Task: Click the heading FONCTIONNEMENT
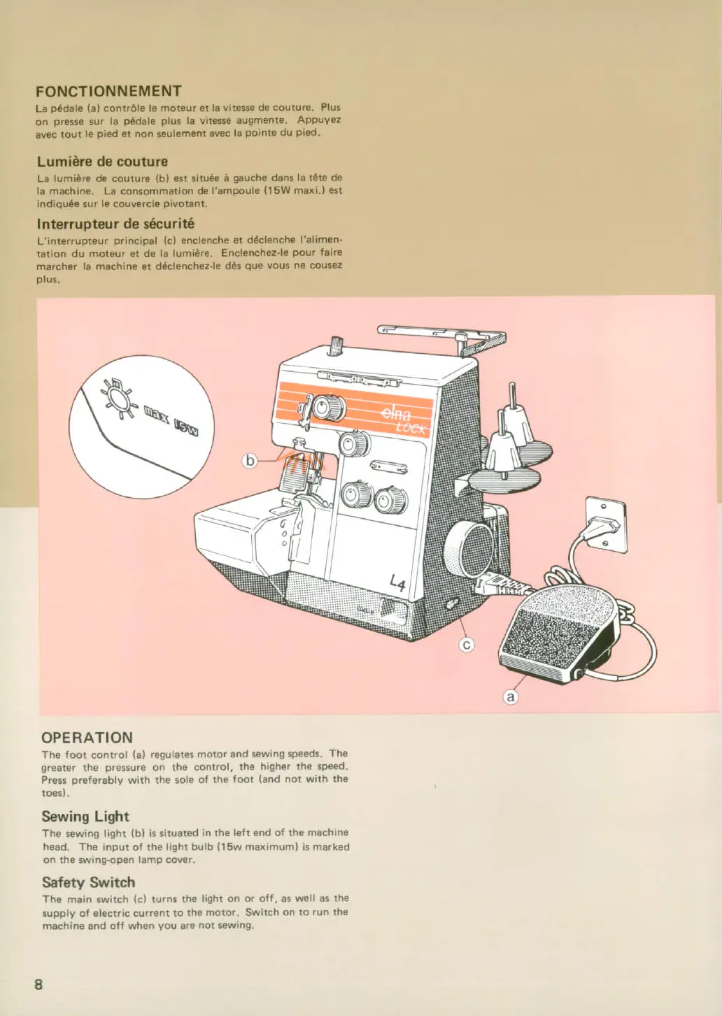[108, 91]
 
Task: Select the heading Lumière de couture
[102, 162]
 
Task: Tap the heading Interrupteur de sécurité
[115, 224]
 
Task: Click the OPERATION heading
[87, 738]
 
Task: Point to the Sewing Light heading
[85, 816]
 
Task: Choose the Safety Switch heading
[88, 882]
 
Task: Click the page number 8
[38, 984]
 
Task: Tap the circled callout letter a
[511, 696]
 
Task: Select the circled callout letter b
[250, 460]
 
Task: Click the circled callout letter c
[467, 645]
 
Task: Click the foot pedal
[560, 633]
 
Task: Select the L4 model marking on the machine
[397, 582]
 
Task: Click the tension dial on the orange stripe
[327, 407]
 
